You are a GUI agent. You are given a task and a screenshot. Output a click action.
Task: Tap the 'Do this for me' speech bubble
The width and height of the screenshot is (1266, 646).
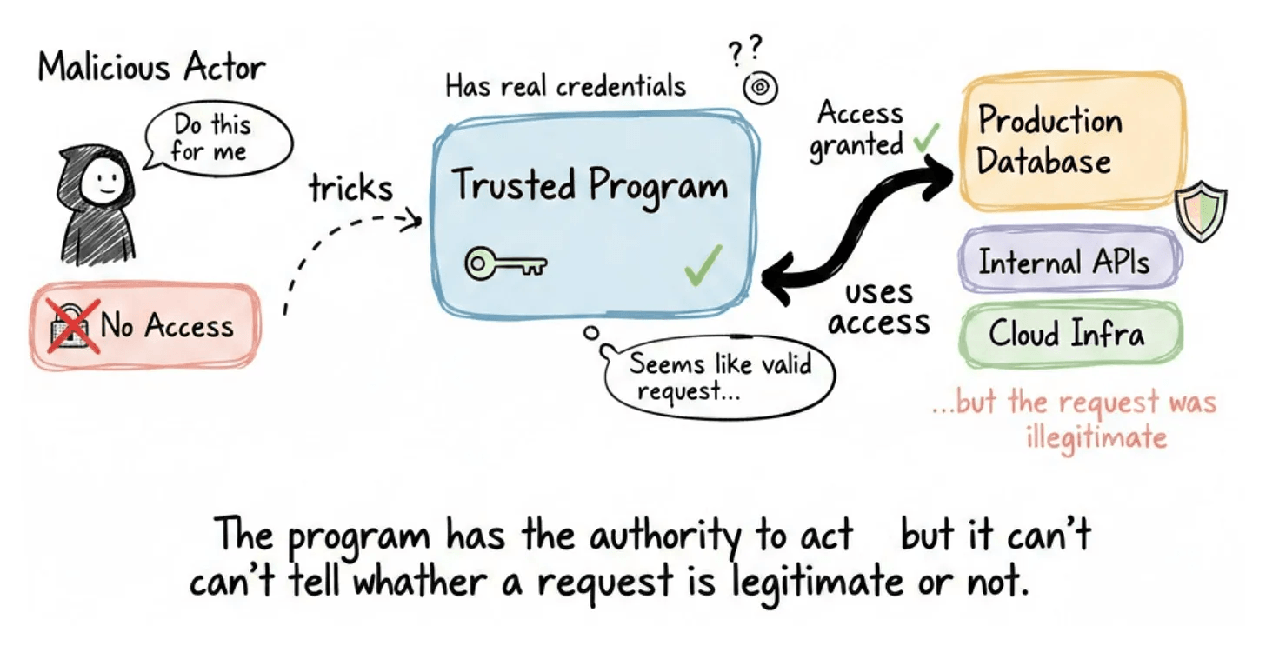pos(210,138)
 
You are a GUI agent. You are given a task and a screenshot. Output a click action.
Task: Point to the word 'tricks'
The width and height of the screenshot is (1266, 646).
pos(351,188)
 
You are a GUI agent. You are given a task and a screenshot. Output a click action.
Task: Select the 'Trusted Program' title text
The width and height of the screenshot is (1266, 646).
pos(590,185)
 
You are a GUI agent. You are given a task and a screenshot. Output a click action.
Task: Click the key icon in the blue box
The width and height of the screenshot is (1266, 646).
pos(503,263)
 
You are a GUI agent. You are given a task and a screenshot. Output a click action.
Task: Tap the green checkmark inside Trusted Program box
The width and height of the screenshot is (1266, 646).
pos(703,264)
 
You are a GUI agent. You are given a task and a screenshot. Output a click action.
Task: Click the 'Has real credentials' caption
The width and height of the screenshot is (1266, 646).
pos(565,86)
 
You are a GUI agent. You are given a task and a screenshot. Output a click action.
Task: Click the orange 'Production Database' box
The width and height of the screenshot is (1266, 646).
pos(1070,142)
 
